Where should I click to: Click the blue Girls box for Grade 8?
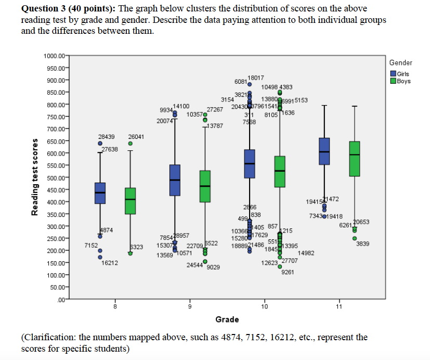[x=100, y=193]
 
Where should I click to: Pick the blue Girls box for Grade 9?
[x=175, y=180]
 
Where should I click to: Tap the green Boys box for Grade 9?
[x=205, y=186]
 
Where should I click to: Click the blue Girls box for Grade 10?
[x=250, y=163]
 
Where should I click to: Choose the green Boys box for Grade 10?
[x=280, y=171]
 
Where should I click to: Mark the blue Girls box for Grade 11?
[x=324, y=151]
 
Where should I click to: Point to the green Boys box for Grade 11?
[x=355, y=159]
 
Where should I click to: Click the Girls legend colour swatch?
[x=393, y=74]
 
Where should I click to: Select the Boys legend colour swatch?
[x=393, y=81]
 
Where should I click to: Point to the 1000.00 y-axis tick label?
[x=55, y=56]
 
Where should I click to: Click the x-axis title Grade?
[x=227, y=319]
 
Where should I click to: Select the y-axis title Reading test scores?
[x=35, y=176]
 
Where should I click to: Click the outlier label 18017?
[x=256, y=77]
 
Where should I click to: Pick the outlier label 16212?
[x=110, y=263]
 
